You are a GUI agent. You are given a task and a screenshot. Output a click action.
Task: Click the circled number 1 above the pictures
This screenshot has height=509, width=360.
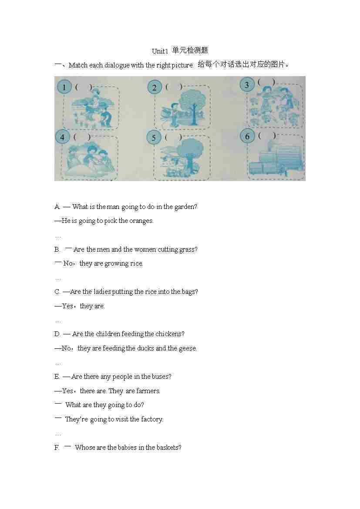click(x=64, y=87)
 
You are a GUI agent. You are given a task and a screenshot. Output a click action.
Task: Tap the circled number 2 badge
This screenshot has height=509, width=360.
click(x=155, y=88)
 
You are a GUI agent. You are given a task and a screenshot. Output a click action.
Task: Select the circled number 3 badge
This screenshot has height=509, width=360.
click(x=247, y=85)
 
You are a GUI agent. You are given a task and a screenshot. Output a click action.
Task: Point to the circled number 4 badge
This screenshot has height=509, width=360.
click(x=62, y=137)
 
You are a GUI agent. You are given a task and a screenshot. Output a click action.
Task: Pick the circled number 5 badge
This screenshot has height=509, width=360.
click(x=154, y=138)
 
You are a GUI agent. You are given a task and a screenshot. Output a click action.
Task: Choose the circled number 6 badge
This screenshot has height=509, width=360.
click(x=247, y=136)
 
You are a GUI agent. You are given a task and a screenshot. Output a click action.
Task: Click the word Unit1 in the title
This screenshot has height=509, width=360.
click(x=160, y=51)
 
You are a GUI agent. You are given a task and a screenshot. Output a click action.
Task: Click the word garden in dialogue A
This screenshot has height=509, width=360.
click(x=182, y=207)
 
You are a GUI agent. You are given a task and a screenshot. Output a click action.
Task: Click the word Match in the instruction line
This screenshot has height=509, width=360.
click(x=78, y=65)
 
